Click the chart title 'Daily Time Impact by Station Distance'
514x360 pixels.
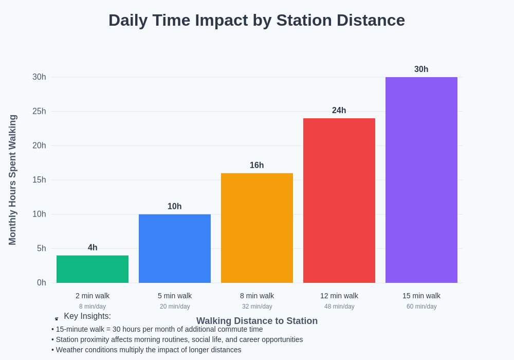pyautogui.click(x=256, y=20)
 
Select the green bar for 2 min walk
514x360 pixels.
pyautogui.click(x=93, y=269)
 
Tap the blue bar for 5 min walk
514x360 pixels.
pyautogui.click(x=175, y=248)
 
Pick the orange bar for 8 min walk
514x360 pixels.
pyautogui.click(x=257, y=228)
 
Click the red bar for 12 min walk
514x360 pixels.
pyautogui.click(x=339, y=201)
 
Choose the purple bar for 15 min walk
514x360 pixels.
pyautogui.click(x=421, y=180)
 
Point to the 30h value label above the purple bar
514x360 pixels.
pyautogui.click(x=421, y=69)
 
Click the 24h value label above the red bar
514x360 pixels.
pyautogui.click(x=339, y=111)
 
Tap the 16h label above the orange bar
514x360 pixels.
pyautogui.click(x=257, y=165)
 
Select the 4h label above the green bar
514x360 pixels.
pyautogui.click(x=93, y=247)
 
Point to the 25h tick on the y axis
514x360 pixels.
pyautogui.click(x=39, y=111)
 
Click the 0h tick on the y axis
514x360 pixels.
pyautogui.click(x=41, y=282)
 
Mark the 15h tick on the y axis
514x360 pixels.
pyautogui.click(x=39, y=179)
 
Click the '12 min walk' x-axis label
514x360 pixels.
pyautogui.click(x=339, y=296)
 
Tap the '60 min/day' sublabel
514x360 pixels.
pyautogui.click(x=421, y=307)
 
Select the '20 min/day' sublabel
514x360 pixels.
pyautogui.click(x=175, y=307)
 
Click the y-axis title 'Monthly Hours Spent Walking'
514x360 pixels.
pyautogui.click(x=12, y=180)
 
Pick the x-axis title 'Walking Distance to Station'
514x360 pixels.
pyautogui.click(x=257, y=321)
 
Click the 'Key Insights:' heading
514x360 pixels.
pyautogui.click(x=87, y=316)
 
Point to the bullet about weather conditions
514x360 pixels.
pyautogui.click(x=146, y=350)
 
